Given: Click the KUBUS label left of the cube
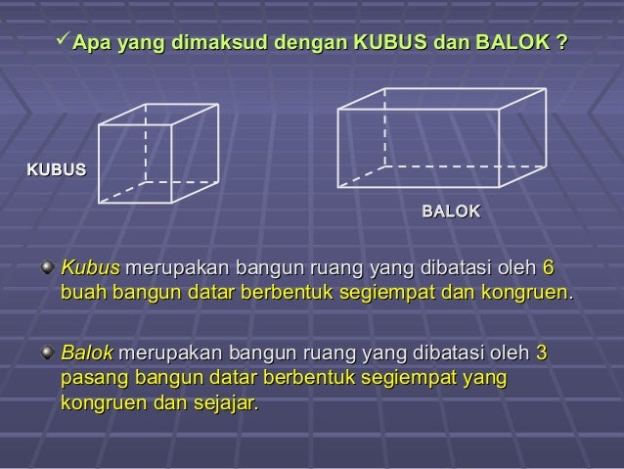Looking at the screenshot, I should (56, 169).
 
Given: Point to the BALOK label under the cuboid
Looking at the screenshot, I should (451, 211).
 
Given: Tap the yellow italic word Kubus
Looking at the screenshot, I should (90, 267).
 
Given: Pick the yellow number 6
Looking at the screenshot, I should (547, 267).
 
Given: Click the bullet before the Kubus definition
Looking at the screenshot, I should (47, 266).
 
